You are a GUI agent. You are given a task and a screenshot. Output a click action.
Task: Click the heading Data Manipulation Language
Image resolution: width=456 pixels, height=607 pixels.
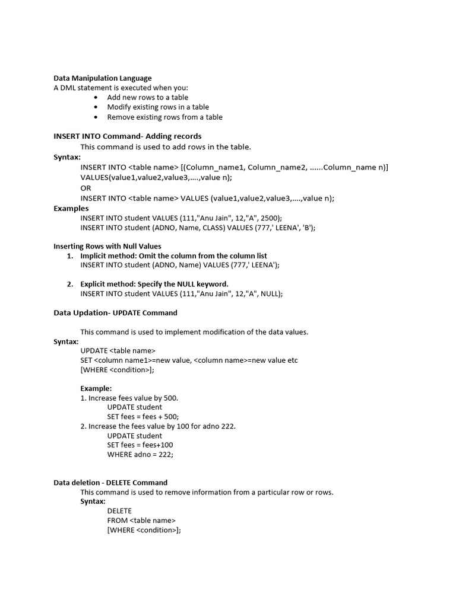[102, 78]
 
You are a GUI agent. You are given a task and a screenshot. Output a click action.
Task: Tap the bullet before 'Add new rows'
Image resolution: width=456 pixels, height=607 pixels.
[97, 97]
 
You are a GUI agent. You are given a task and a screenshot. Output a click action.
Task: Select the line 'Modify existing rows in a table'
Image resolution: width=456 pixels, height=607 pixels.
[158, 107]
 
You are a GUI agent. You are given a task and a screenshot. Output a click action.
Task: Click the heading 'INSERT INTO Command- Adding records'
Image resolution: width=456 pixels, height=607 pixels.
[127, 136]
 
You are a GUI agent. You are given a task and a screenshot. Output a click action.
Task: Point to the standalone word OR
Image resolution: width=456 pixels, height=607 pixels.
[86, 188]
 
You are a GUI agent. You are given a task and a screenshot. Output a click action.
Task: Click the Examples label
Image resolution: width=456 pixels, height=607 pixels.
[71, 209]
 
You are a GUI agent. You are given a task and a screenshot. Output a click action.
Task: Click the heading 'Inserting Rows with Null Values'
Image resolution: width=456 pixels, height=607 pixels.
[107, 246]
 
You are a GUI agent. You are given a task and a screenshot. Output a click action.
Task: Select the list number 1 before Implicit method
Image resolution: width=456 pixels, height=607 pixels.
[69, 256]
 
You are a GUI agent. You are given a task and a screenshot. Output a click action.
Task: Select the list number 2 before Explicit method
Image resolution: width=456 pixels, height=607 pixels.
[69, 284]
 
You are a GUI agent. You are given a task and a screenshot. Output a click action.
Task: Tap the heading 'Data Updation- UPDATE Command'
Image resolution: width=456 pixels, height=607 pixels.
[115, 313]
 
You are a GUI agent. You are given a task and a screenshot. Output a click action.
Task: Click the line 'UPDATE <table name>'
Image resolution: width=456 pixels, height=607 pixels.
[118, 350]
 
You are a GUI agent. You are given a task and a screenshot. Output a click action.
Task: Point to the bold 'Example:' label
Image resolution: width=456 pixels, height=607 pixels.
[96, 388]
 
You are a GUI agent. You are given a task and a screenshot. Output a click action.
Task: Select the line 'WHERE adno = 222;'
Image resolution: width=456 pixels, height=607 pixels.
[140, 455]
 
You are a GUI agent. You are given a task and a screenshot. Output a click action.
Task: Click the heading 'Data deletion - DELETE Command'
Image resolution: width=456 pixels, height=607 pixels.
[110, 483]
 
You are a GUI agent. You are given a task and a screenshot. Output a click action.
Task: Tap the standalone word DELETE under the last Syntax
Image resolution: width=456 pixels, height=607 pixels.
[119, 511]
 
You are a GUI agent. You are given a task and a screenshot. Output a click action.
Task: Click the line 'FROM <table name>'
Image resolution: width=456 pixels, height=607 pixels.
[141, 520]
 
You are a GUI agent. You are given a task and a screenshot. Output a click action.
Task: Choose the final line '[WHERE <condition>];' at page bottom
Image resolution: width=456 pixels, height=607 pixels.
[144, 530]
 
